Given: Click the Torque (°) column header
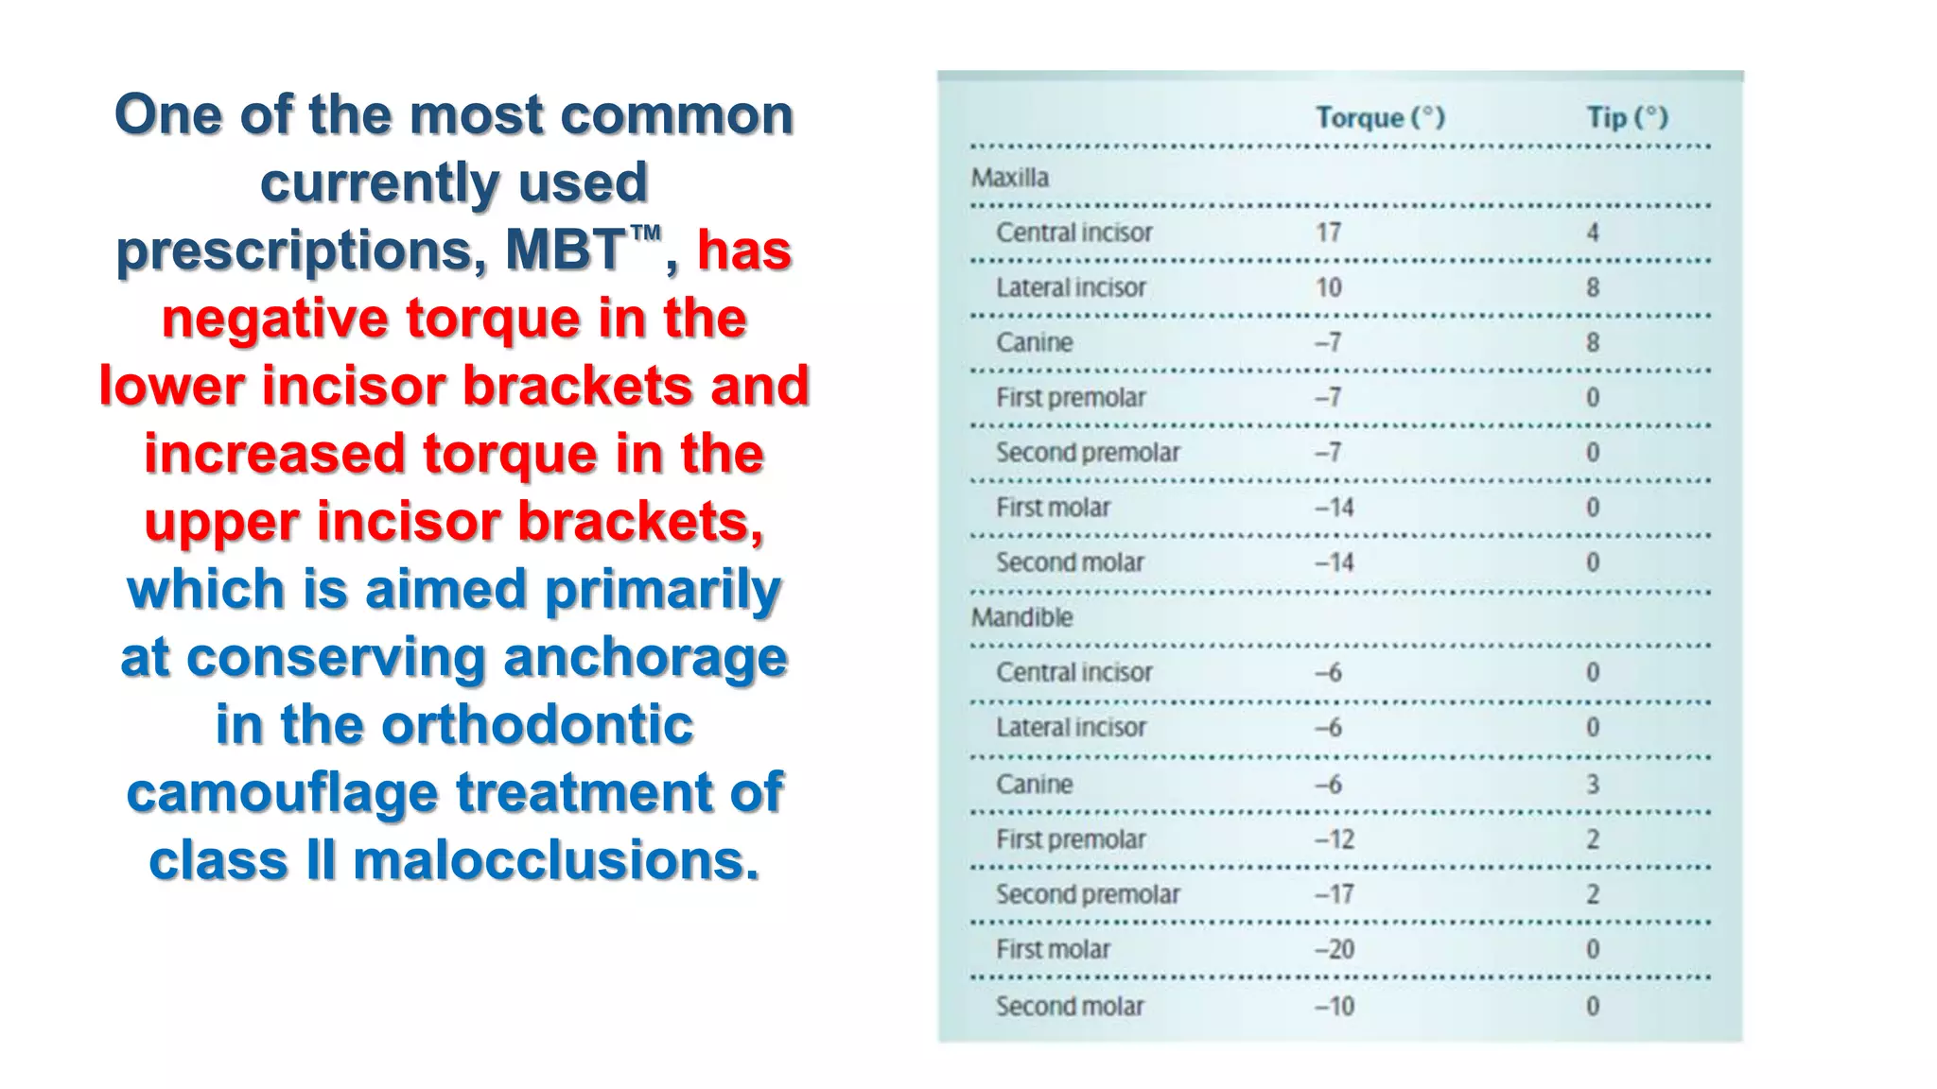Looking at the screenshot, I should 1380,117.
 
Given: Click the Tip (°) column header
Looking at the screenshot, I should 1627,117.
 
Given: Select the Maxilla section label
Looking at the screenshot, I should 1009,178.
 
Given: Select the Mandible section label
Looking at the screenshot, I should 1021,617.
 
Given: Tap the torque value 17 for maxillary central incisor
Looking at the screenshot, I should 1328,233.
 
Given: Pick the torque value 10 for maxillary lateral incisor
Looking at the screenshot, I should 1328,287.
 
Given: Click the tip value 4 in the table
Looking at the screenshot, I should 1593,233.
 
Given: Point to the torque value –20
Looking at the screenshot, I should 1334,949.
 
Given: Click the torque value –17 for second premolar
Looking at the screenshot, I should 1334,894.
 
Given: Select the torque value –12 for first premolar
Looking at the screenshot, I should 1334,839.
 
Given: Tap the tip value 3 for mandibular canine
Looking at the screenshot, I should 1593,785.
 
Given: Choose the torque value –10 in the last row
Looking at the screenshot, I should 1334,1006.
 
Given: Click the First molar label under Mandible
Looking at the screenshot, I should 1053,949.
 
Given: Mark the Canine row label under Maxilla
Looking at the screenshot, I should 1034,342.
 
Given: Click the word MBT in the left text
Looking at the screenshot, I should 564,251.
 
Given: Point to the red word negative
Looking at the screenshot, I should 274,319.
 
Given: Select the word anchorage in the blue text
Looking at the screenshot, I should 645,657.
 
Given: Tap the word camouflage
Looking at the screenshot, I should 282,792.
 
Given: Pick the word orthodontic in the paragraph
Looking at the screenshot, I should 537,725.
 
